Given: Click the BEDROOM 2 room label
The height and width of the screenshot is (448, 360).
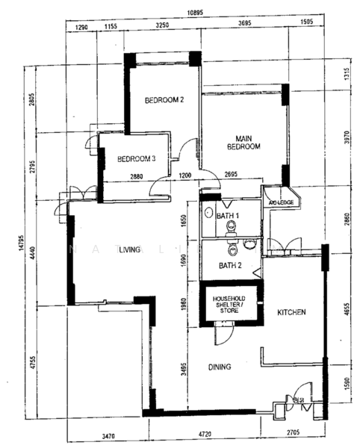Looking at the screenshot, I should click(164, 100).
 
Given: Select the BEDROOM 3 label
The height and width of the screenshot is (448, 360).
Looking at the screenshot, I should click(137, 158).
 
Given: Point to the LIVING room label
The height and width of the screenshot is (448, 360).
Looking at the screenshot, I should click(129, 251).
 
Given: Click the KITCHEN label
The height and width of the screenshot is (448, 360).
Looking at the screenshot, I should click(291, 311).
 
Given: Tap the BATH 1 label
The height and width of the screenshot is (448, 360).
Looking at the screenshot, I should click(228, 216).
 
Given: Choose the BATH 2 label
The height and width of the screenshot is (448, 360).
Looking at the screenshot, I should click(230, 265).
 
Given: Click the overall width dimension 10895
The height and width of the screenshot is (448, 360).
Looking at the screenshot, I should click(196, 13).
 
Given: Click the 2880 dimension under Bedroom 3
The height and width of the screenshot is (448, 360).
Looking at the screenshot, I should click(136, 177).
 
